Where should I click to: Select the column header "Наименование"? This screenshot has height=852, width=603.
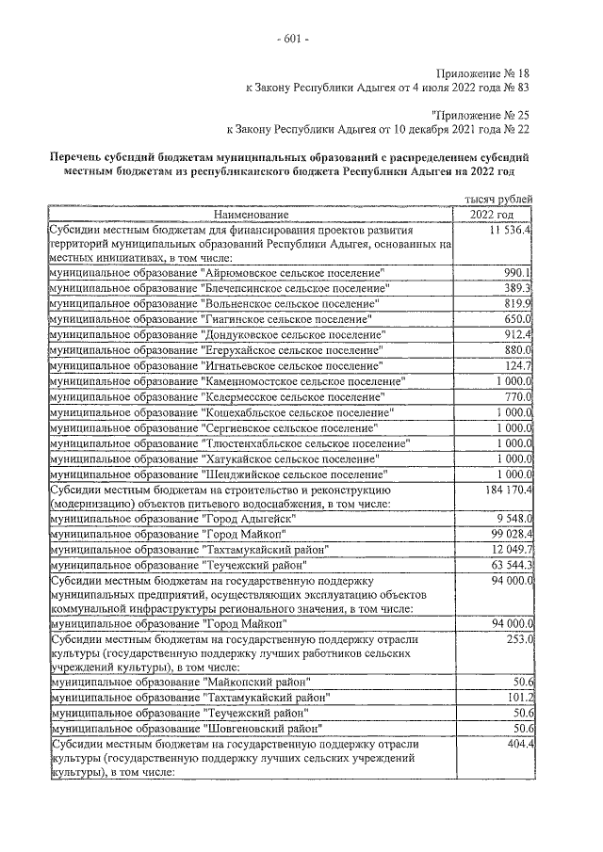click(x=253, y=215)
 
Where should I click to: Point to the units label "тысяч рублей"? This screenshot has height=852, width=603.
click(x=499, y=199)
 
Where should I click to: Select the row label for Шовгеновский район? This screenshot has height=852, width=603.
click(x=187, y=729)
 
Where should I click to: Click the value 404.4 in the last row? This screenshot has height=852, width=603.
click(x=518, y=744)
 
